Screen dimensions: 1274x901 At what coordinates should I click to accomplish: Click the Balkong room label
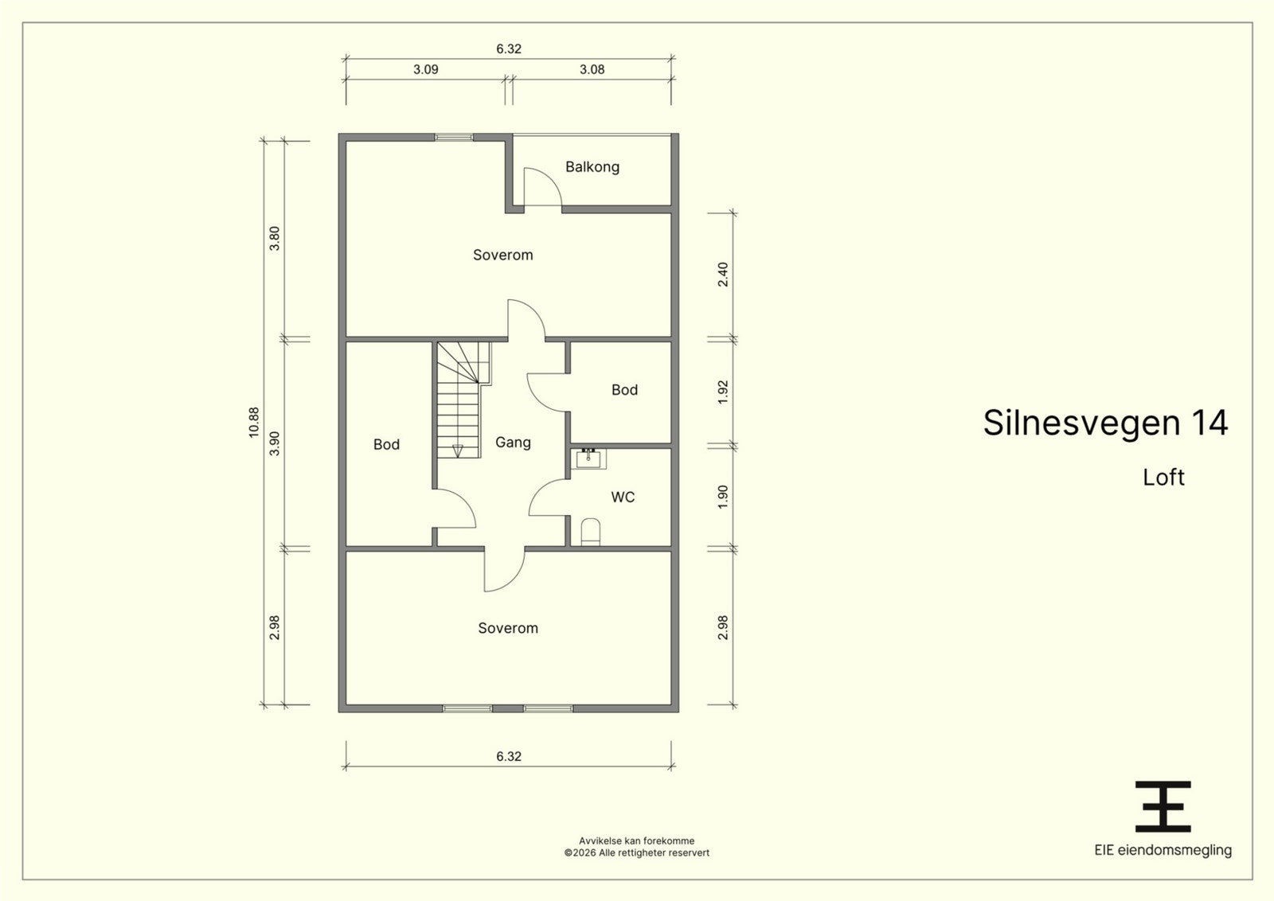[592, 167]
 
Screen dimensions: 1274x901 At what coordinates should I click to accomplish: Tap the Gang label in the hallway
[513, 443]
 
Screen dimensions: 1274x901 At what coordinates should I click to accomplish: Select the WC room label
[623, 497]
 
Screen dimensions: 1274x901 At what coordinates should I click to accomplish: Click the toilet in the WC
[590, 532]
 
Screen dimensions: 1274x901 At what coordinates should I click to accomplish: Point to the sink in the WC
[588, 458]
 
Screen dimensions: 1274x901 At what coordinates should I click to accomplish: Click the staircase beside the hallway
[461, 400]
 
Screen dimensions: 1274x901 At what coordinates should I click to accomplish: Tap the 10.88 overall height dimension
[254, 423]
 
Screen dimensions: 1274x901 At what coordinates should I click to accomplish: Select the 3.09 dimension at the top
[425, 69]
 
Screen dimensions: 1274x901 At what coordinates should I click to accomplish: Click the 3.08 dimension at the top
[592, 69]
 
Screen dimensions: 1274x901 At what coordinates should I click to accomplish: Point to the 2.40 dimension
[723, 274]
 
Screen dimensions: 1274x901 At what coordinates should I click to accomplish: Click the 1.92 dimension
[723, 392]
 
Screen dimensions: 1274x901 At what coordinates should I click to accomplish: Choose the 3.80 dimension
[275, 239]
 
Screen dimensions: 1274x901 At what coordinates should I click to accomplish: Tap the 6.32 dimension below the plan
[509, 757]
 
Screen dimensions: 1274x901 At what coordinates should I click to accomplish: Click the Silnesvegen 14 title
[1106, 423]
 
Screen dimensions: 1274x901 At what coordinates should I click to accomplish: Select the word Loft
[1163, 478]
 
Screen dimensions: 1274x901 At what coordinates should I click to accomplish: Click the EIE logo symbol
[1163, 806]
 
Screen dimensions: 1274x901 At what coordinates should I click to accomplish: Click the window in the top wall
[454, 137]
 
